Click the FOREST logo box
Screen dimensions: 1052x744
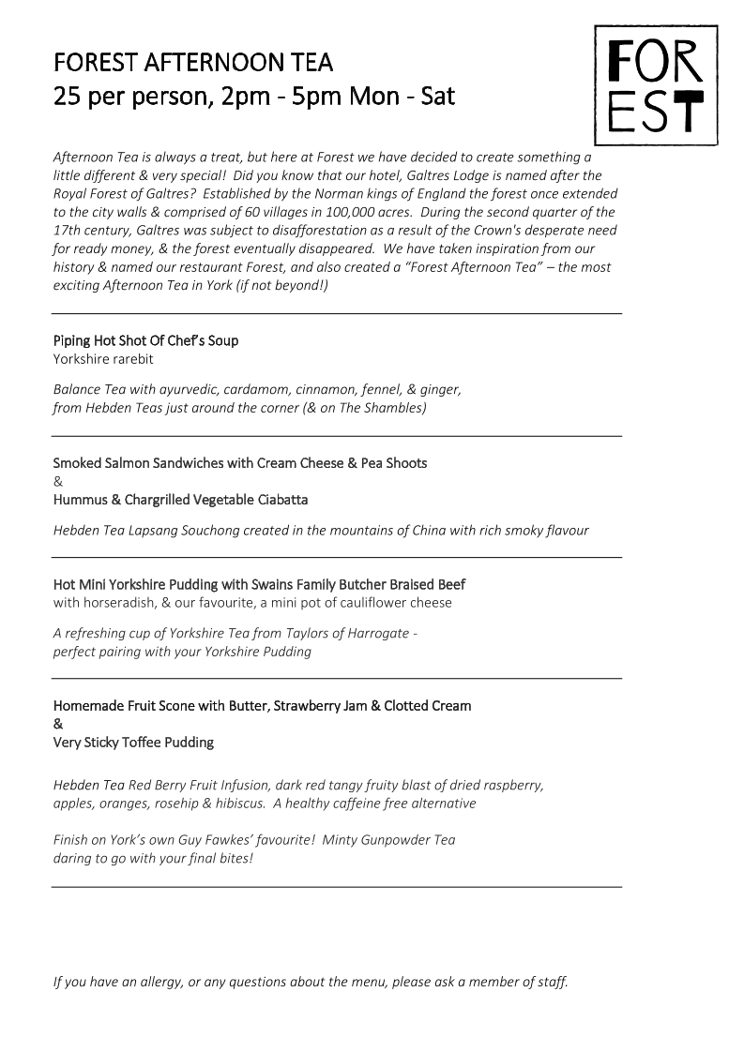(x=656, y=85)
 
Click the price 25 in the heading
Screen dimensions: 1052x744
(x=66, y=96)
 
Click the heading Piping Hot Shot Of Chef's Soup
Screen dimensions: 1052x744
(x=145, y=340)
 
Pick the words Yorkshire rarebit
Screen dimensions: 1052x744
(x=103, y=359)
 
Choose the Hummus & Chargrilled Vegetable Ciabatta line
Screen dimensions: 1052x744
(x=180, y=500)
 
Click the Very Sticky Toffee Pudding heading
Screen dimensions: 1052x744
(x=133, y=743)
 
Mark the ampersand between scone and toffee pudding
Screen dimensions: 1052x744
(x=58, y=724)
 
